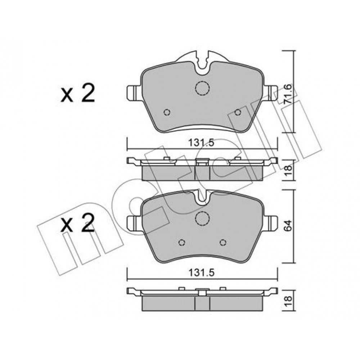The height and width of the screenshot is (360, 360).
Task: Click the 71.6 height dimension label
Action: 288,94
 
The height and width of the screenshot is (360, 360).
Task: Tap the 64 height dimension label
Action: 288,225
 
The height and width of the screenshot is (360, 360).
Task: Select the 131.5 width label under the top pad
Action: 201,143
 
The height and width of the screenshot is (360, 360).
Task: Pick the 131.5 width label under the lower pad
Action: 201,273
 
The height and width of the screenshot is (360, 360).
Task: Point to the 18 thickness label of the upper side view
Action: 288,170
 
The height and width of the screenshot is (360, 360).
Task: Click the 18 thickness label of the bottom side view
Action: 288,301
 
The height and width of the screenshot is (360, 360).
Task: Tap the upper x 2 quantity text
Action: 78,93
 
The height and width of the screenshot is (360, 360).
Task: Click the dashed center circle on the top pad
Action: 202,88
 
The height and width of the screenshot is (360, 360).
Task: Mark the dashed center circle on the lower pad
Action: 202,219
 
